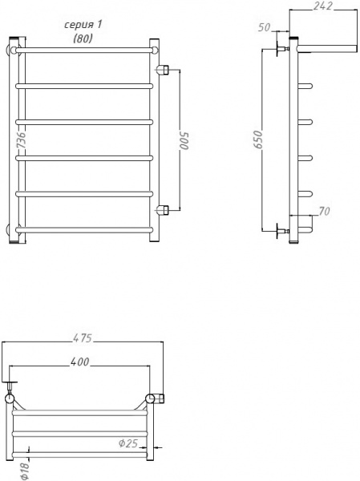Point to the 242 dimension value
[323, 6]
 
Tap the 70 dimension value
[324, 212]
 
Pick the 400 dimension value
[79, 362]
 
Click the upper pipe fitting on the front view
[163, 69]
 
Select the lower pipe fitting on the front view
[163, 211]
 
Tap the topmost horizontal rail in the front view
[84, 49]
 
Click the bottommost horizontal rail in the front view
[84, 229]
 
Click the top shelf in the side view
[325, 45]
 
